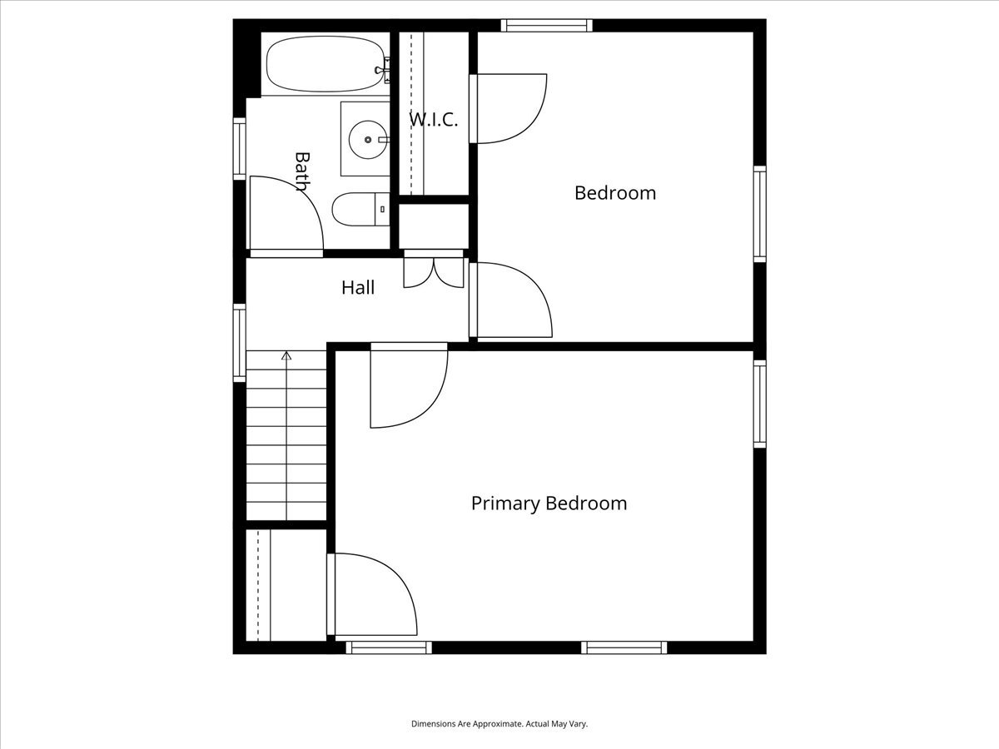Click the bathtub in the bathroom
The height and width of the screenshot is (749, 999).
pyautogui.click(x=325, y=64)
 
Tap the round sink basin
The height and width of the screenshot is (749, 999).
pyautogui.click(x=368, y=140)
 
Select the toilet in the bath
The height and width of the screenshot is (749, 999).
pyautogui.click(x=361, y=209)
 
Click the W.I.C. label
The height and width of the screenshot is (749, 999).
pyautogui.click(x=433, y=120)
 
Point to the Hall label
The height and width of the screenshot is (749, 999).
pyautogui.click(x=358, y=287)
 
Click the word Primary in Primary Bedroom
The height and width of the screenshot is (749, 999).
pyautogui.click(x=505, y=503)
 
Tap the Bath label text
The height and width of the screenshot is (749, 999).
pyautogui.click(x=302, y=171)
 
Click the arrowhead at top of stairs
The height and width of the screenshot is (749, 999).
pyautogui.click(x=286, y=355)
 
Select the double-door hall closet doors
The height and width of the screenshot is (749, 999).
pyautogui.click(x=434, y=273)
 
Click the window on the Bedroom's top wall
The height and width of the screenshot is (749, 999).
pyautogui.click(x=547, y=26)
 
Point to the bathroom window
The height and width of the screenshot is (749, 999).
pyautogui.click(x=240, y=149)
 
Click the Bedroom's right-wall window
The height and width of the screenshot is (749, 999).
pyautogui.click(x=759, y=214)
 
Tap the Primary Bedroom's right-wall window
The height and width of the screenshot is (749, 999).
pyautogui.click(x=759, y=404)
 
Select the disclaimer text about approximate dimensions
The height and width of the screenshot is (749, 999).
pyautogui.click(x=499, y=723)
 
